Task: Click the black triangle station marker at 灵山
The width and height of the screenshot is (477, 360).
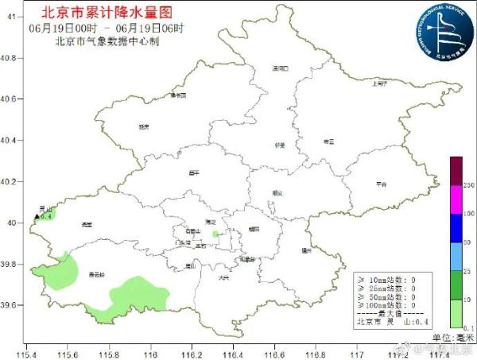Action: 37,215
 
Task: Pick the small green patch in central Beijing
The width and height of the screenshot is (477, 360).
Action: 215,234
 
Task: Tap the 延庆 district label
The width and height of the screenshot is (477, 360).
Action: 144,126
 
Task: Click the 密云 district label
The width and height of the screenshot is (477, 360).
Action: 329,141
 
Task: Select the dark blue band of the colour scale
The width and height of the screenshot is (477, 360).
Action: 456,229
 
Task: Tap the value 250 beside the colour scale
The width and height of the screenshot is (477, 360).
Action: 468,185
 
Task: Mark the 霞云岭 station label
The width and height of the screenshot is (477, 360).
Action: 97,275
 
